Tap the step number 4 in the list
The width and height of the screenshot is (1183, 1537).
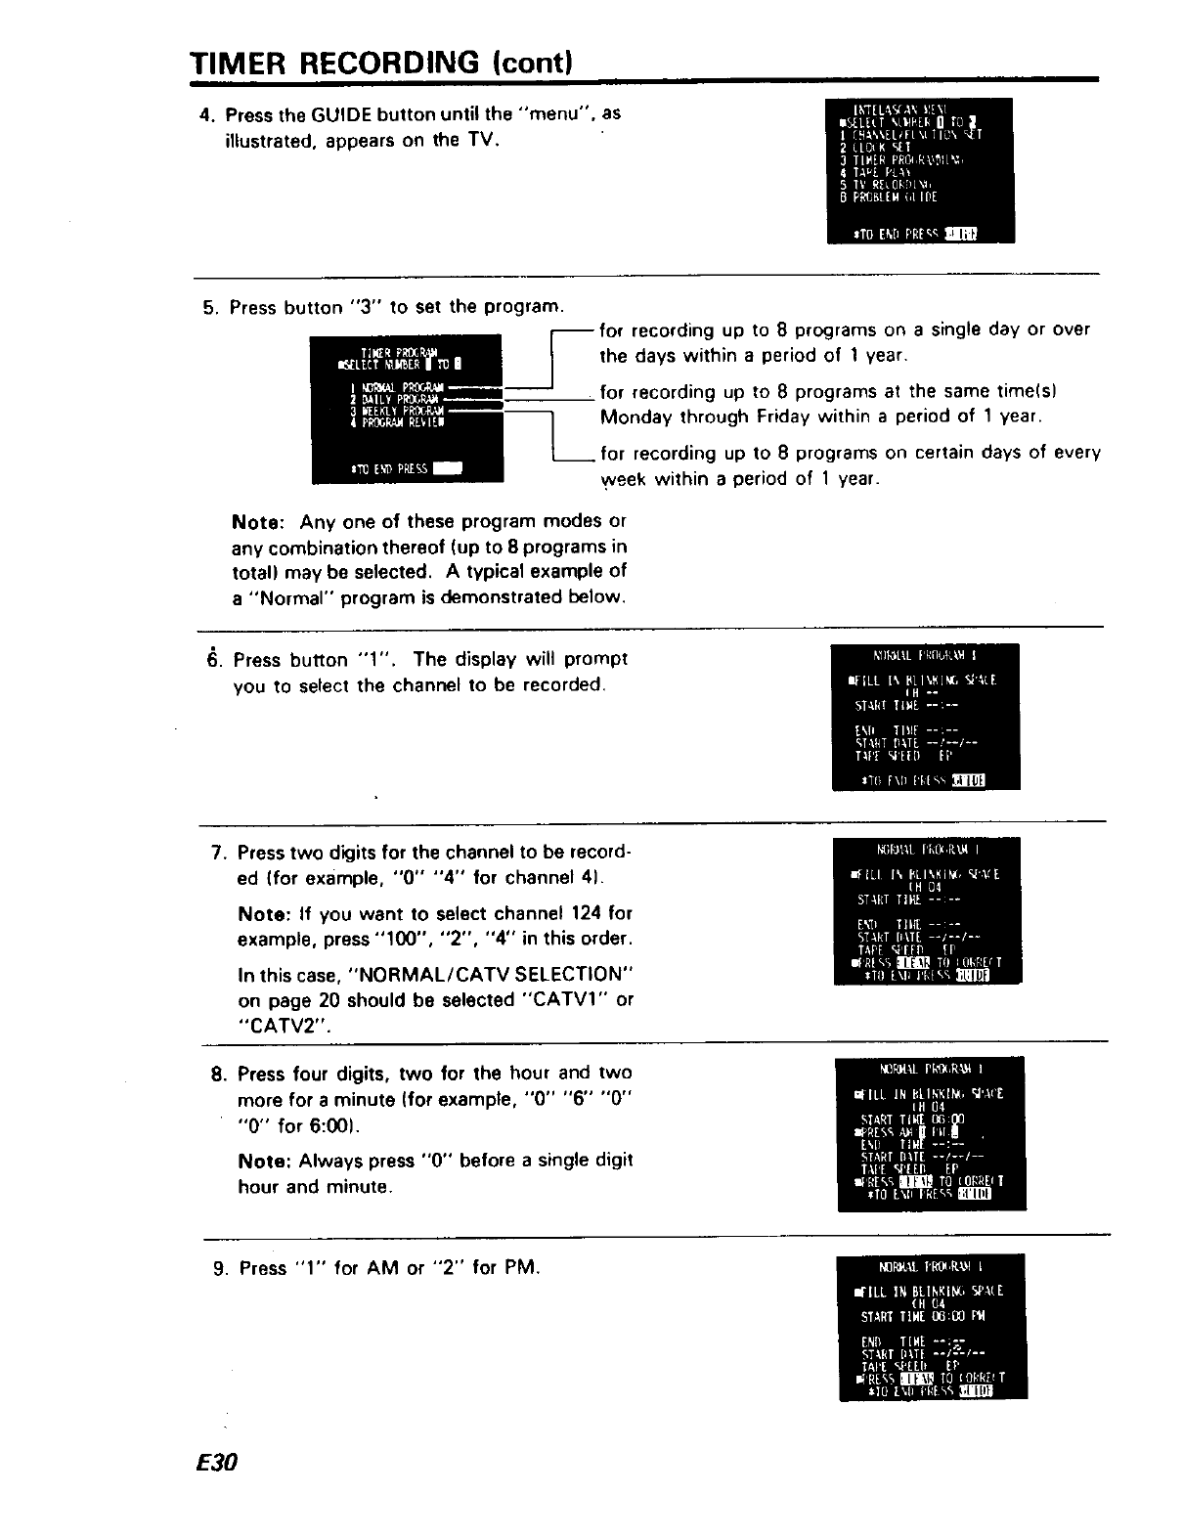coord(204,113)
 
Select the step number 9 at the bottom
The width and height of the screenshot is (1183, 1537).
coord(219,1268)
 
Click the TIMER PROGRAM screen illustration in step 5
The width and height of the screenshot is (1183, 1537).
coord(406,409)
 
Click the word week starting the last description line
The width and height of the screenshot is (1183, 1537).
coord(623,479)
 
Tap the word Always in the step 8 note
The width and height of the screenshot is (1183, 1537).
coord(329,1161)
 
